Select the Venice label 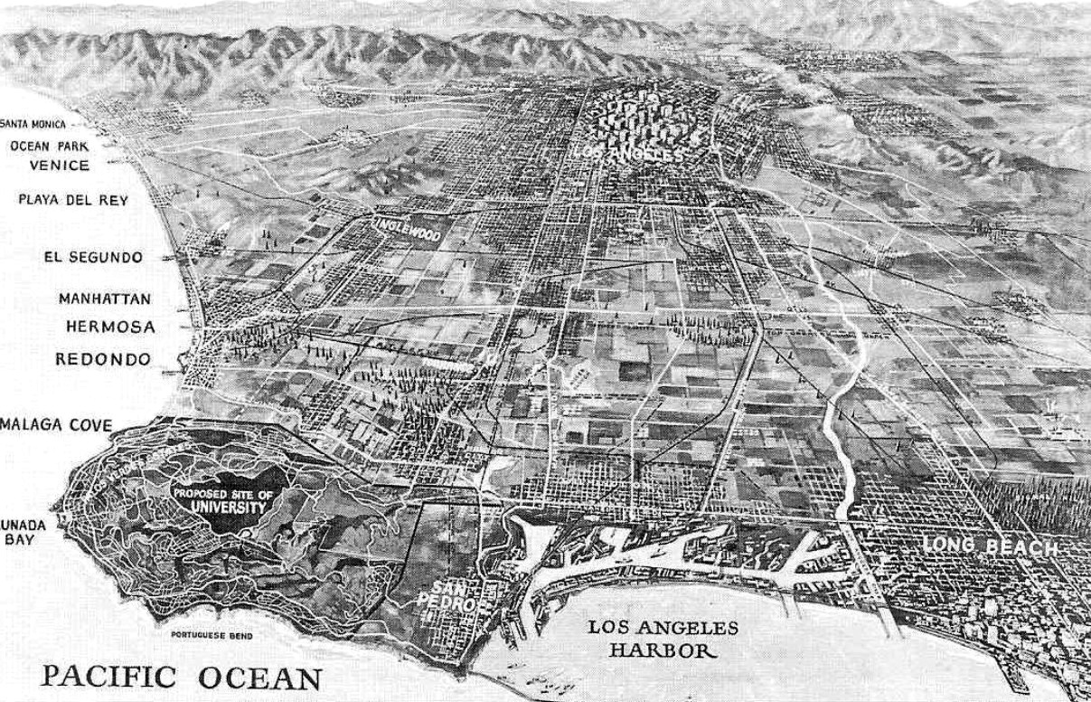[x=59, y=166]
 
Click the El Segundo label [x=92, y=257]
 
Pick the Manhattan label [x=104, y=299]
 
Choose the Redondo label [x=103, y=359]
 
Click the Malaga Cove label [x=56, y=425]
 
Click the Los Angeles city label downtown [x=627, y=155]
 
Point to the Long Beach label [x=989, y=546]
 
